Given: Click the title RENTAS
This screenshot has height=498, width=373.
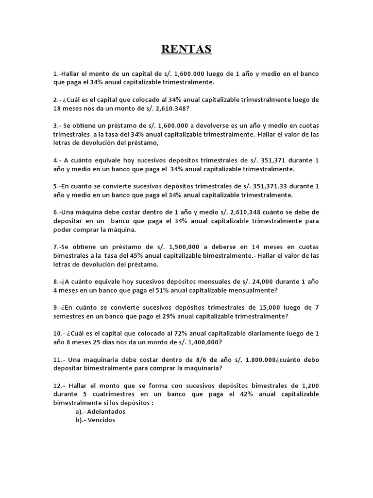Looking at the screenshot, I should (x=186, y=49).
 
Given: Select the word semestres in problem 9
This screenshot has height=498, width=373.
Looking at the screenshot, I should (x=71, y=316).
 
